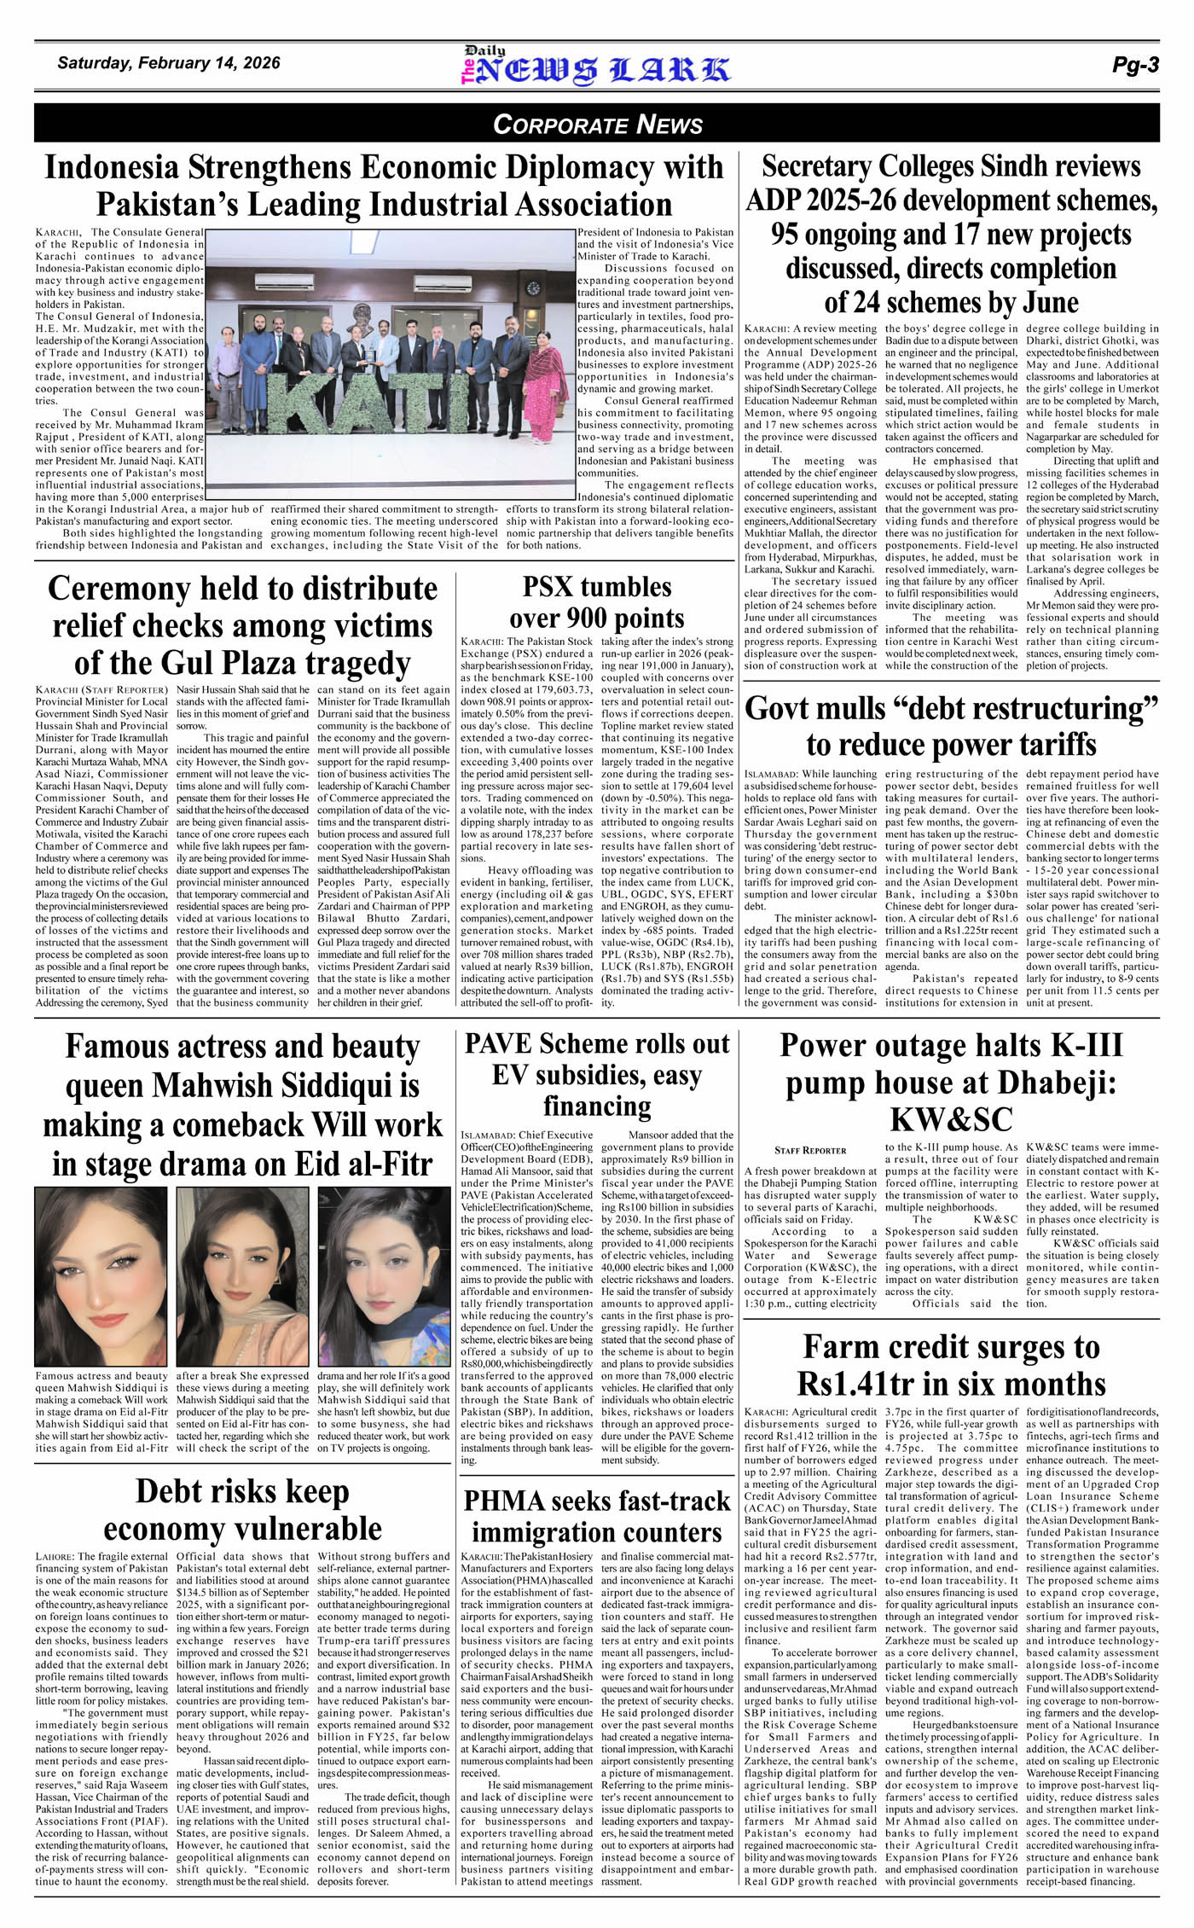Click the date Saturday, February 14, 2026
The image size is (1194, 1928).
pos(168,63)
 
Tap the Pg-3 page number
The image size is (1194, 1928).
pos(1135,65)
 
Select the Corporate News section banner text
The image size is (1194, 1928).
pos(597,125)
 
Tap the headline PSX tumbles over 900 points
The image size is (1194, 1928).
pos(596,602)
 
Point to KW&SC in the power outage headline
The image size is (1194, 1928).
pos(951,1119)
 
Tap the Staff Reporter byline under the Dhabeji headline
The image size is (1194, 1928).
pos(810,1150)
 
